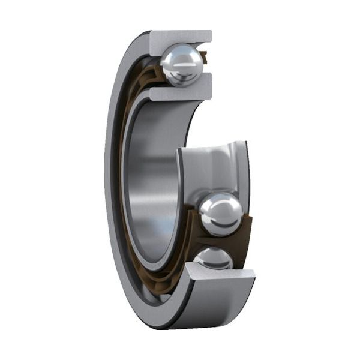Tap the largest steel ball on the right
click(x=221, y=213)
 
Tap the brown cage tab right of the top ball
click(x=205, y=58)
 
